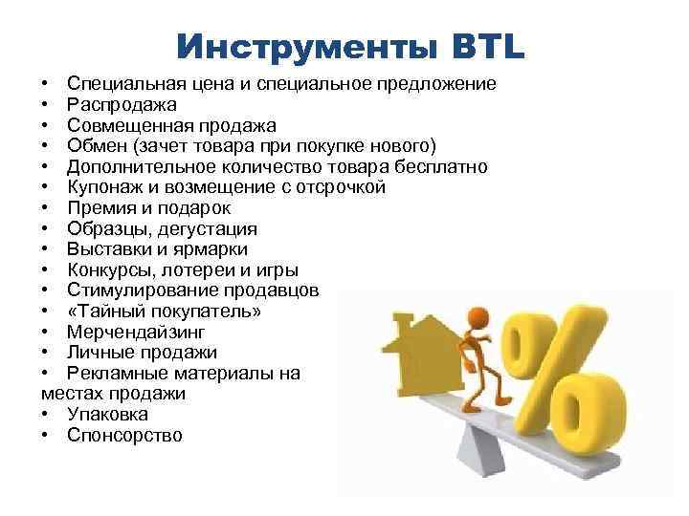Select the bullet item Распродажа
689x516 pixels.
click(x=122, y=104)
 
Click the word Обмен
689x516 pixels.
click(x=97, y=146)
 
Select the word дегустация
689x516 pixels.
click(x=210, y=229)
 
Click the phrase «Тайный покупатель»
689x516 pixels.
click(x=164, y=312)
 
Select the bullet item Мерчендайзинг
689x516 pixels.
click(x=135, y=333)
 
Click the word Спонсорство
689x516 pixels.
click(x=124, y=436)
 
